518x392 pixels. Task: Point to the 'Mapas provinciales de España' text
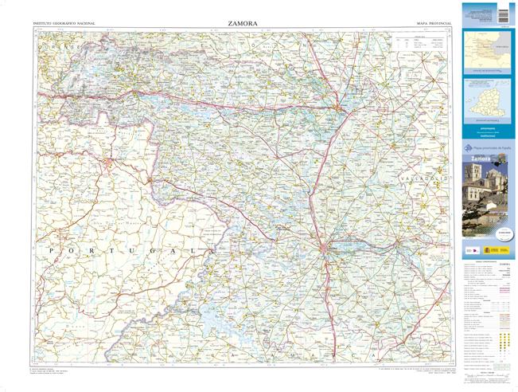[x=491, y=148]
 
